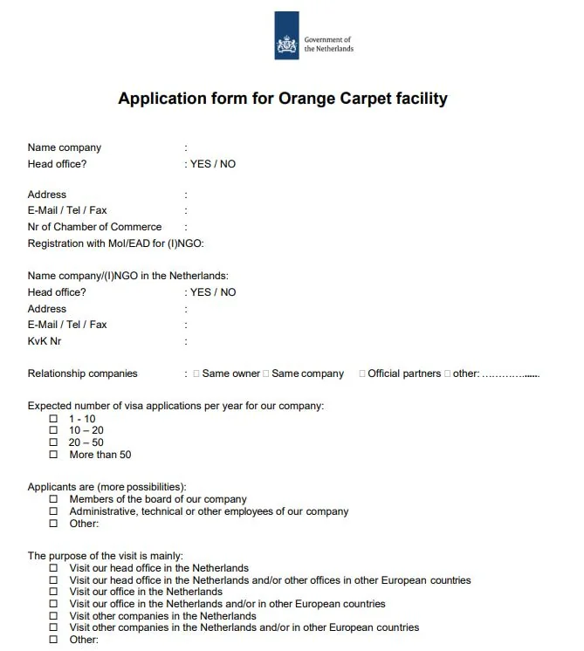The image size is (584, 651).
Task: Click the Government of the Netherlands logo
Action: click(x=287, y=36)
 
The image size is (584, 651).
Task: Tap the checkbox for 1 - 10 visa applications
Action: click(x=53, y=419)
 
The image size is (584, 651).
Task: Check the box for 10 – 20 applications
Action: click(x=53, y=430)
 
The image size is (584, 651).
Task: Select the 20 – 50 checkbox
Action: click(x=53, y=442)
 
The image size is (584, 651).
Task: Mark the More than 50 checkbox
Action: click(x=53, y=455)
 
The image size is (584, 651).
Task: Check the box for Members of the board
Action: click(x=53, y=500)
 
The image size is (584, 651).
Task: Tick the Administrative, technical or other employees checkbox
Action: click(x=53, y=511)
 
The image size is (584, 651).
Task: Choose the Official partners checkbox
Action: click(x=361, y=373)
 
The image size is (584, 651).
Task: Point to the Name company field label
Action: click(x=65, y=147)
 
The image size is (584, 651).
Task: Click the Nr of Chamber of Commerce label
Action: click(x=94, y=227)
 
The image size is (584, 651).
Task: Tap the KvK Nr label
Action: click(x=45, y=341)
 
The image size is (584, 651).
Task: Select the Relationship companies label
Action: click(x=83, y=373)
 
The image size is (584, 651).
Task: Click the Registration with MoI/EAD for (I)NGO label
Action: click(x=116, y=243)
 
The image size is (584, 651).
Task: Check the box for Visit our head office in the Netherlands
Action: click(x=53, y=568)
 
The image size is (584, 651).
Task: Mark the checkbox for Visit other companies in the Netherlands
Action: click(x=53, y=616)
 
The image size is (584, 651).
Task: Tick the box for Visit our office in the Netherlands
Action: click(x=53, y=592)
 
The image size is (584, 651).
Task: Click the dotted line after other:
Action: click(x=511, y=375)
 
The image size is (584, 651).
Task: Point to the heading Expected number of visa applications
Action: click(x=175, y=406)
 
